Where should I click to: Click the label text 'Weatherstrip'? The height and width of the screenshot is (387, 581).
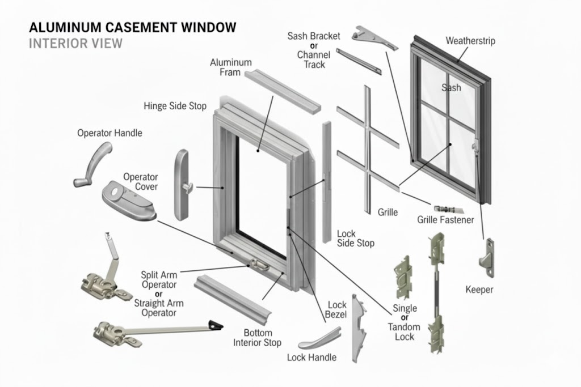click(x=470, y=41)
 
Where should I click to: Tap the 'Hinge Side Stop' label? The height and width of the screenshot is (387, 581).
click(x=175, y=106)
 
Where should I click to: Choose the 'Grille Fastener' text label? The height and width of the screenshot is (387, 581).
click(x=445, y=220)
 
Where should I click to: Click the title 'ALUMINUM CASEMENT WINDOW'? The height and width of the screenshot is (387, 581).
click(x=132, y=27)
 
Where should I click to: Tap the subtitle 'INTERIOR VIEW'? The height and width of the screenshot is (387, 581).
click(x=75, y=44)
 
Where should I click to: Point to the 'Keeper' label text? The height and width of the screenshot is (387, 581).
click(x=479, y=290)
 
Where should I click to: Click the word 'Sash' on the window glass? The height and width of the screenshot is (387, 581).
click(x=451, y=87)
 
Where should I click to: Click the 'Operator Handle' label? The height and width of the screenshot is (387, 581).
click(x=110, y=133)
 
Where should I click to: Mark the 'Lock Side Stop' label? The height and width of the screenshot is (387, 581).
click(x=356, y=238)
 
